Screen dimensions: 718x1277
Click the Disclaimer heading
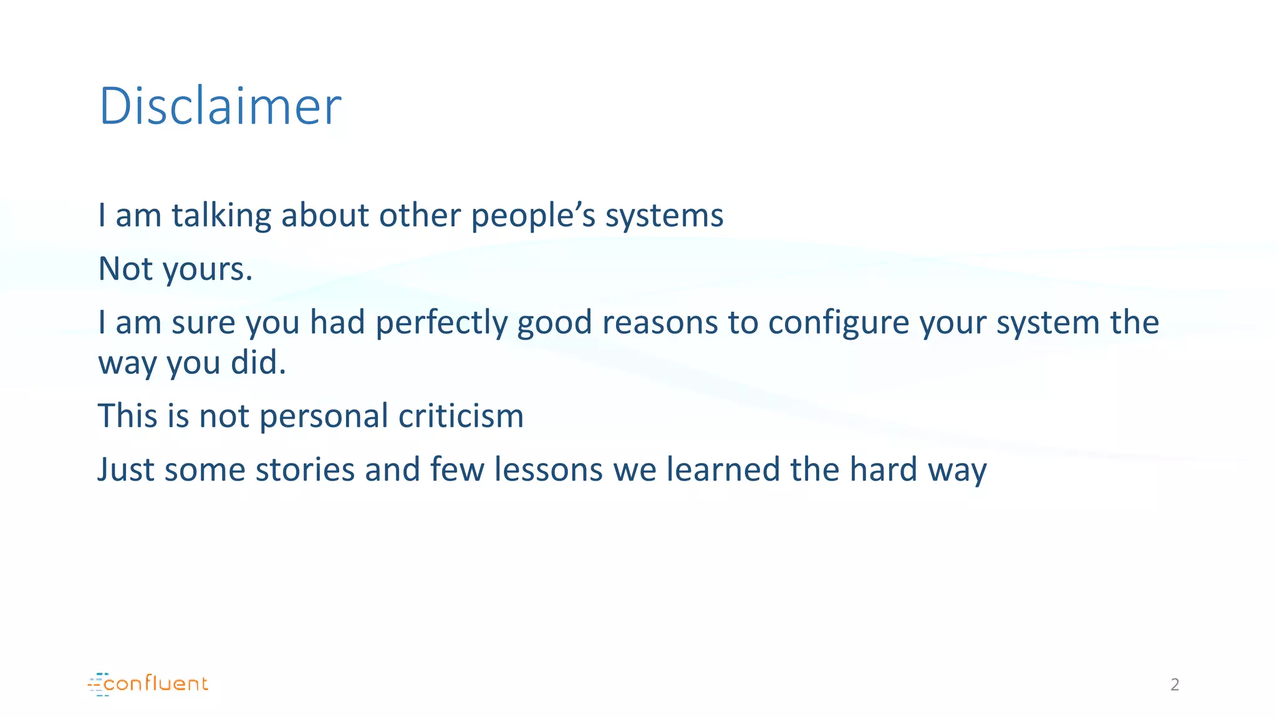point(220,107)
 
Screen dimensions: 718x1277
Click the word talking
point(221,216)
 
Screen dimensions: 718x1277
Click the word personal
point(324,417)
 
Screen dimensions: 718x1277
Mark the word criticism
point(461,416)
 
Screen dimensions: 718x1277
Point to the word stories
point(305,469)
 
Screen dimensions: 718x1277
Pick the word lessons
point(549,469)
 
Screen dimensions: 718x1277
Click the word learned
point(723,469)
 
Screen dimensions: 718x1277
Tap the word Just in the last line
point(126,469)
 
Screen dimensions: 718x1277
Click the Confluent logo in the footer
point(148,684)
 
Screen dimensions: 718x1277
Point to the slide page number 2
point(1175,685)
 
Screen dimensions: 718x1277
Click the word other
point(420,216)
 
